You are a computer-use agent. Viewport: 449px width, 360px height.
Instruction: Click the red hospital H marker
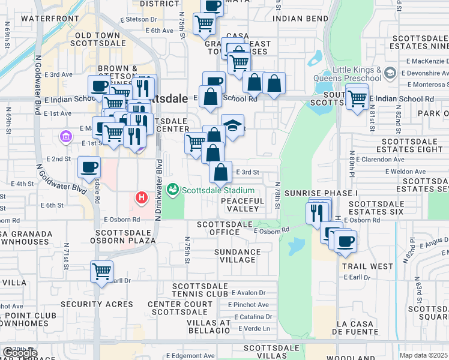point(141,197)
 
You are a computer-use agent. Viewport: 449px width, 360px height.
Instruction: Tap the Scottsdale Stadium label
point(219,190)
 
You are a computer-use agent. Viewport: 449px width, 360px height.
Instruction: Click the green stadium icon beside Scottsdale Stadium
point(173,190)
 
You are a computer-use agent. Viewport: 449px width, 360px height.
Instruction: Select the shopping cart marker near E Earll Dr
point(101,271)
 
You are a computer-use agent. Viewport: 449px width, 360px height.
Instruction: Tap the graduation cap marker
point(232,125)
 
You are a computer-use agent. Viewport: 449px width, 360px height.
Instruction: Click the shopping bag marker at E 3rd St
point(221,172)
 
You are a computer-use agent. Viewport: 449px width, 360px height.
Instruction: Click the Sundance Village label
point(238,256)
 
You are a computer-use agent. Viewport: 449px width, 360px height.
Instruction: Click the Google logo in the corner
point(19,353)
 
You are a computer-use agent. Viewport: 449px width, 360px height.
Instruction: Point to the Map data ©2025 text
point(423,355)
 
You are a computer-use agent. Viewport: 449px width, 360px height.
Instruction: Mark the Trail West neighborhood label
point(367,266)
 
